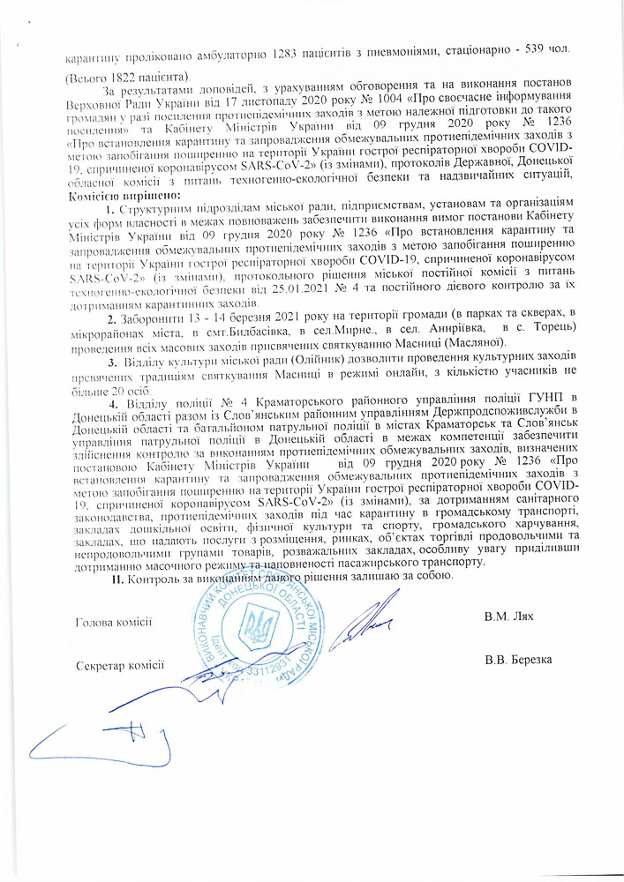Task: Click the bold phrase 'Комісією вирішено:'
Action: coord(123,194)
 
